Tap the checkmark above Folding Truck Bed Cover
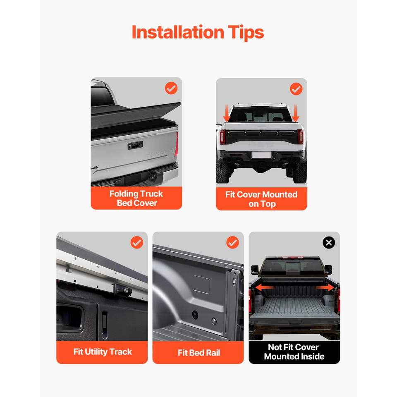point(171,88)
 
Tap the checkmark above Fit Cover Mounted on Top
point(296,89)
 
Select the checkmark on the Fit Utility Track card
point(137,243)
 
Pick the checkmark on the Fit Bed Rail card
point(232,243)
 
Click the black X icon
point(329,243)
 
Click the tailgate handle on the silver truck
point(135,145)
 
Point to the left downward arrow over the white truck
point(227,113)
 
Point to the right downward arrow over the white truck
point(295,113)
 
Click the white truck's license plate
point(261,155)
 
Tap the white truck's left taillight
point(222,137)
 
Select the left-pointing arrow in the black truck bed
point(264,288)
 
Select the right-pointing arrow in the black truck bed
point(325,288)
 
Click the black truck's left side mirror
point(255,270)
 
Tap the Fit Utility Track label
point(103,352)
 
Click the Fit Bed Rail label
point(199,353)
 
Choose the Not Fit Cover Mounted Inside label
point(294,352)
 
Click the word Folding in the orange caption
point(124,194)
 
